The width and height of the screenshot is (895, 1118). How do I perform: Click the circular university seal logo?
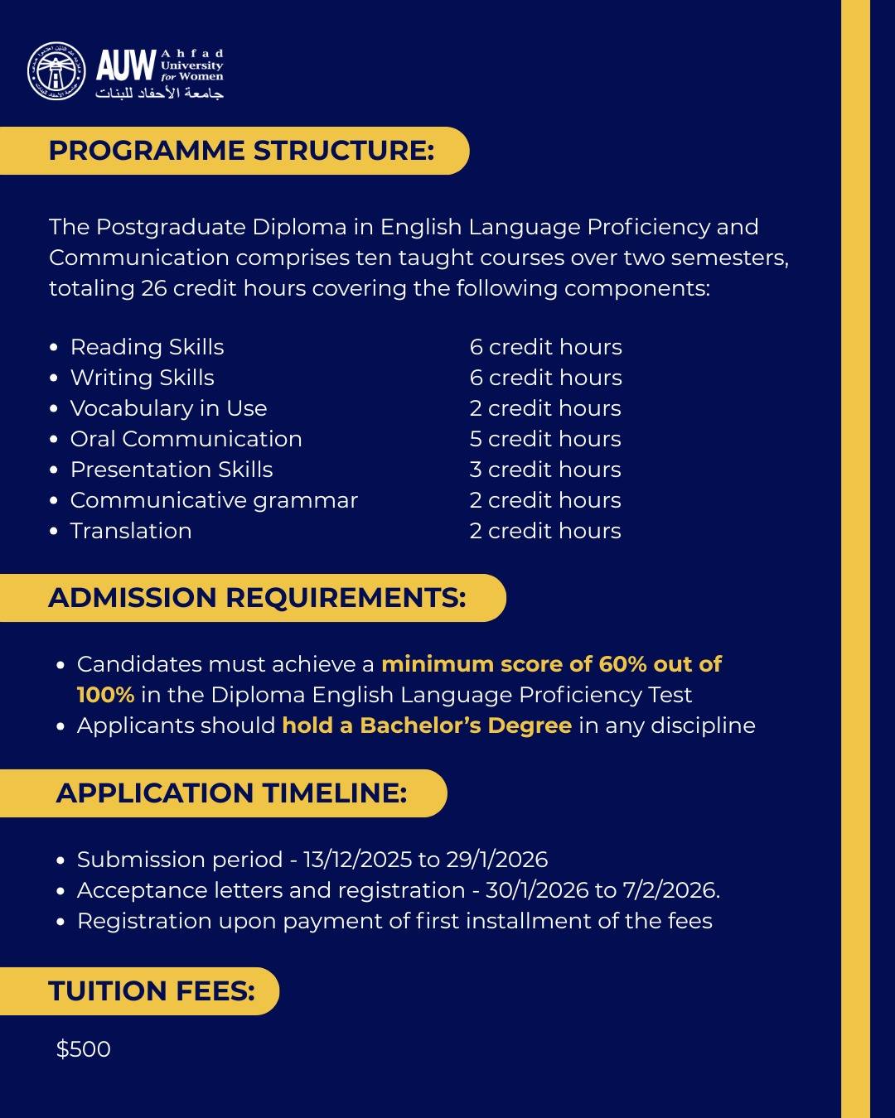[x=56, y=71]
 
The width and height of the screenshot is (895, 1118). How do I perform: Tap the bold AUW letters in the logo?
[x=126, y=65]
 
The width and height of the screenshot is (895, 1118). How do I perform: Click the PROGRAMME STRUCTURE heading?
[x=241, y=151]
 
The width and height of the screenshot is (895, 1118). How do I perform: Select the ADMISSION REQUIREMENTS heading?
[x=257, y=598]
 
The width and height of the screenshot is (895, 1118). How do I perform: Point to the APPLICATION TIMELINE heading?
[x=231, y=793]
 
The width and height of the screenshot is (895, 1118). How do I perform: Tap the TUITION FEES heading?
[x=152, y=991]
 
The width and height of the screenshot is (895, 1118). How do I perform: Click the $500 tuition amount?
[x=84, y=1049]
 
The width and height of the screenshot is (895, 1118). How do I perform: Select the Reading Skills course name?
[x=148, y=347]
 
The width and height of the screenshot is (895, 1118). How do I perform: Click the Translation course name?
[x=131, y=531]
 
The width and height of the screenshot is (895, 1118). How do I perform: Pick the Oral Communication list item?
[x=186, y=439]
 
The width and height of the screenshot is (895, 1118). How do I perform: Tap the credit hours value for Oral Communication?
[x=545, y=439]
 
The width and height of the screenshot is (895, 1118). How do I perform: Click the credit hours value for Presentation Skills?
[x=545, y=470]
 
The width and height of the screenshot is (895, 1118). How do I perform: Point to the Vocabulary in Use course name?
[x=169, y=408]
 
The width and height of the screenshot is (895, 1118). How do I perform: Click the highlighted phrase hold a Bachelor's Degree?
[x=427, y=725]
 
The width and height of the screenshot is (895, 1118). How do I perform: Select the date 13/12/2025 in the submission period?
[x=358, y=860]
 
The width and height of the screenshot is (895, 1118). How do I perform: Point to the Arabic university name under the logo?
[x=160, y=94]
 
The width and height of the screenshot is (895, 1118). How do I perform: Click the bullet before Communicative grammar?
[x=54, y=501]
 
